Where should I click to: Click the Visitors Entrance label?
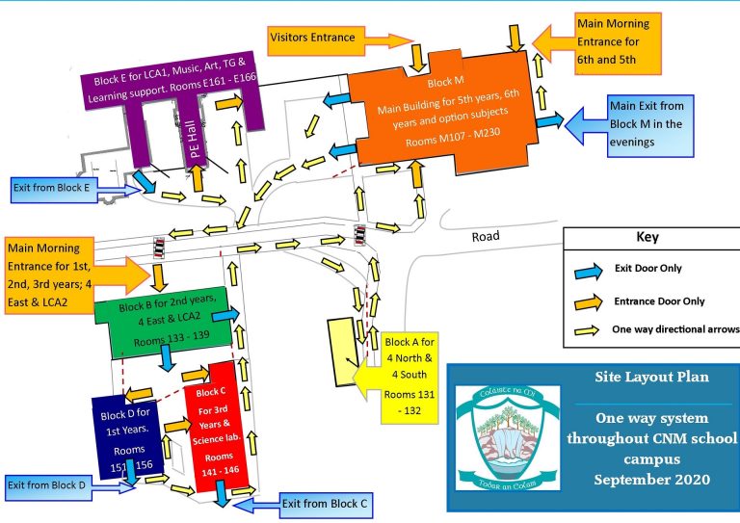[x=313, y=38]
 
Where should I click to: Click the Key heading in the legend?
[x=647, y=237]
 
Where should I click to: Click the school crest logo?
[x=505, y=432]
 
